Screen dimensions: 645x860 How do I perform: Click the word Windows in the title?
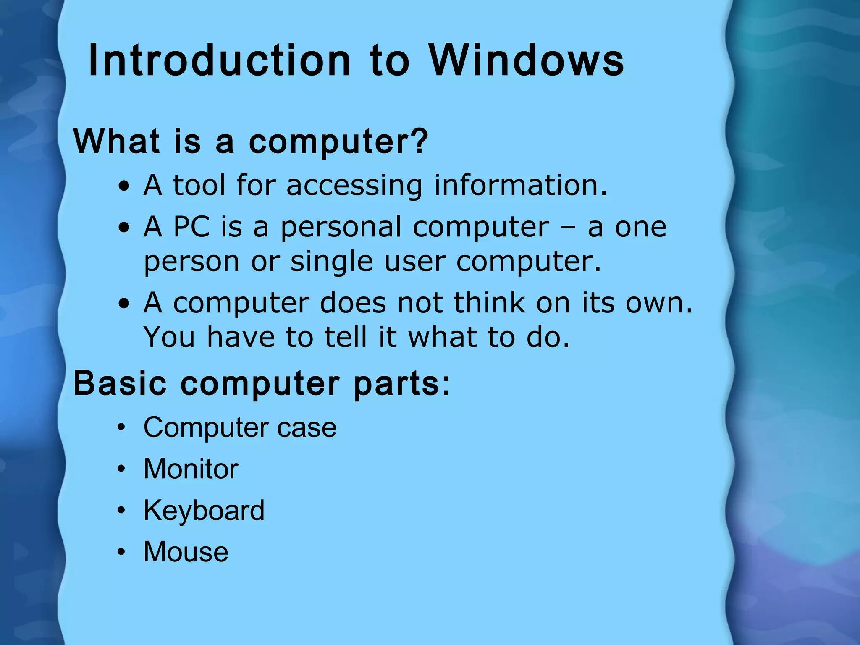[526, 61]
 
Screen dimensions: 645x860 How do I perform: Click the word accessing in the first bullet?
[354, 186]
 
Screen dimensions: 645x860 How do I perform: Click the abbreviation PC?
[191, 227]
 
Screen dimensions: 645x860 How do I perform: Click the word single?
[331, 262]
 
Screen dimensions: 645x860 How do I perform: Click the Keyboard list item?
[204, 511]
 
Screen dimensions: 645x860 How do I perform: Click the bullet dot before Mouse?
[121, 552]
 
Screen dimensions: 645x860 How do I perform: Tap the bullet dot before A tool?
[124, 186]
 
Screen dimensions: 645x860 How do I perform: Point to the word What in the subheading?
[116, 141]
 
